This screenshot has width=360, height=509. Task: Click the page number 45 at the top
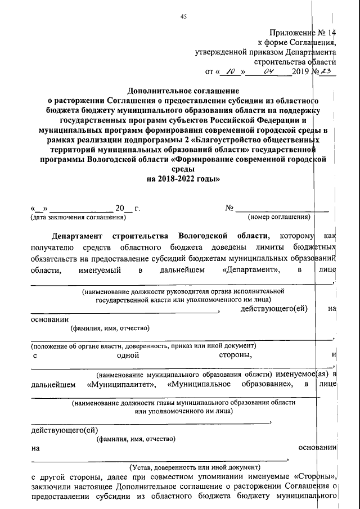(183, 16)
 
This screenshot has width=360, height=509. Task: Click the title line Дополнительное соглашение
(183, 91)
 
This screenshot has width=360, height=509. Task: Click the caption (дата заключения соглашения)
(78, 217)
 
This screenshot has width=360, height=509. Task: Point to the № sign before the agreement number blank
(229, 208)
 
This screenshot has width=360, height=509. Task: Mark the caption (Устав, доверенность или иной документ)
(195, 466)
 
